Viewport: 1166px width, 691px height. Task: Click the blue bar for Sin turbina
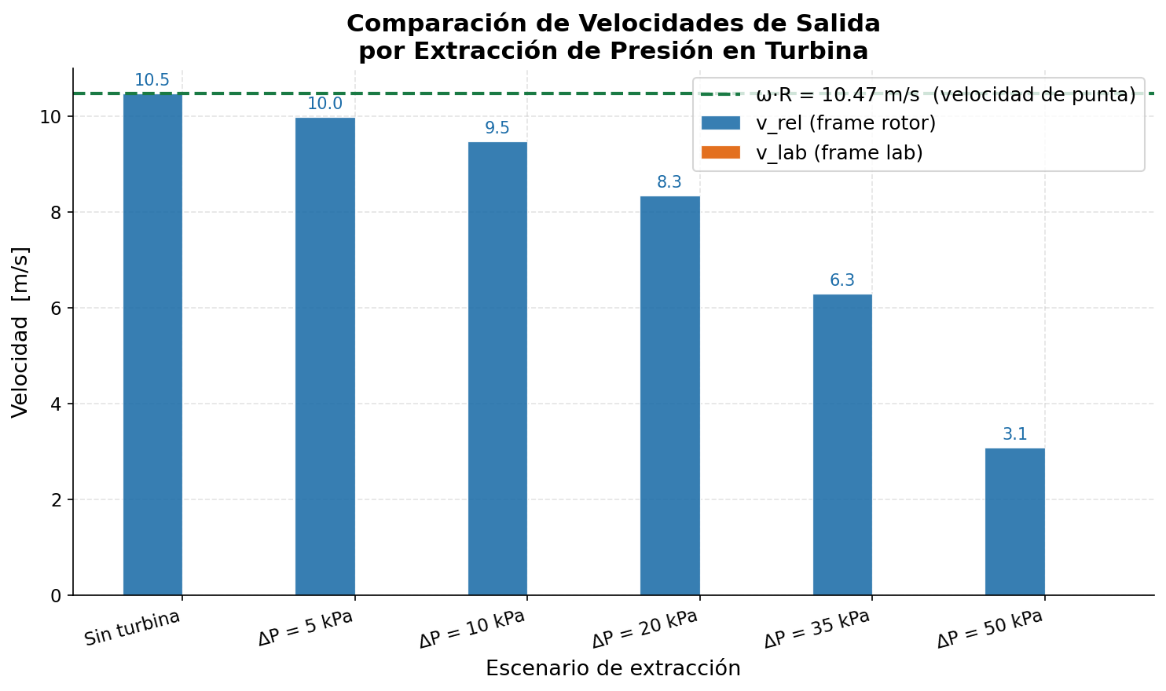coord(152,345)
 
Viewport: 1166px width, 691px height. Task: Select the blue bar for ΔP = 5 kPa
coord(324,357)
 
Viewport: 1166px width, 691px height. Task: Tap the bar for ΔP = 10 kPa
coord(497,369)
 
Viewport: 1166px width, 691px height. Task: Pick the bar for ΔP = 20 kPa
coord(669,397)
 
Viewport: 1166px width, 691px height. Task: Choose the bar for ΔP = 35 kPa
coord(842,445)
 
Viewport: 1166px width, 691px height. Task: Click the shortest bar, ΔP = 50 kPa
coord(1014,522)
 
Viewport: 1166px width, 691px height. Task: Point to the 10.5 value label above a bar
coord(152,80)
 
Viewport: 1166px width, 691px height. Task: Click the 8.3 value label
coord(669,182)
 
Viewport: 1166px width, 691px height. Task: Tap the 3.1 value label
coord(1015,434)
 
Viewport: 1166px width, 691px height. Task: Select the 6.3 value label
coord(842,280)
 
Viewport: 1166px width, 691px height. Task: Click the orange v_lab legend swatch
coord(720,152)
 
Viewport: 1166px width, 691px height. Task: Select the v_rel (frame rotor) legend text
coord(845,123)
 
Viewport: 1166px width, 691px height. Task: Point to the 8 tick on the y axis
coord(55,212)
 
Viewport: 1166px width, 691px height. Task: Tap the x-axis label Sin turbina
coord(132,628)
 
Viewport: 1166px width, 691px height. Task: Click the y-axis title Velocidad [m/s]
coord(20,332)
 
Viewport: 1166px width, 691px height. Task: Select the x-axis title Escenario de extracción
coord(613,668)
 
